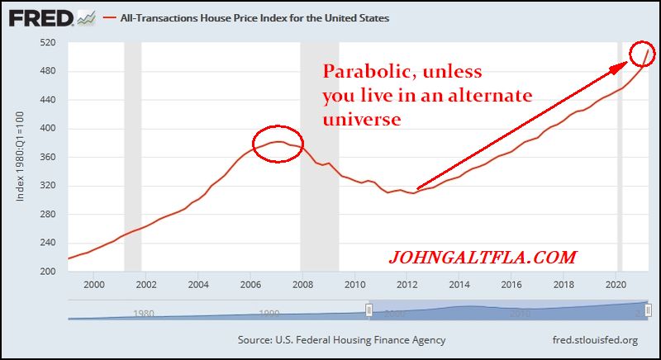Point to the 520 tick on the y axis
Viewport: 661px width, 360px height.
pyautogui.click(x=47, y=43)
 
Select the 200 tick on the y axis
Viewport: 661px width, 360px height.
pyautogui.click(x=47, y=272)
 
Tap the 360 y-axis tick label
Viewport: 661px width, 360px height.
pyautogui.click(x=47, y=157)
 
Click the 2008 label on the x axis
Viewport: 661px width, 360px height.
pyautogui.click(x=302, y=285)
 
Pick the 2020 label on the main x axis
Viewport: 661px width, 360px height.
pyautogui.click(x=616, y=285)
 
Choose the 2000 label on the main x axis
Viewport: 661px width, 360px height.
pyautogui.click(x=93, y=285)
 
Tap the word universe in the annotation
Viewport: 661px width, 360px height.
pyautogui.click(x=362, y=120)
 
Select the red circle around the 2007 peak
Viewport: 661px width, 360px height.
pyautogui.click(x=278, y=144)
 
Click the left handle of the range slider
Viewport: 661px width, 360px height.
pyautogui.click(x=369, y=310)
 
